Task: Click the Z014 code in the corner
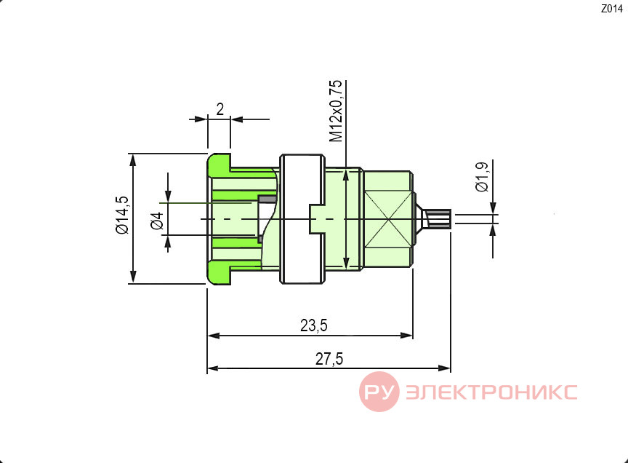(x=611, y=9)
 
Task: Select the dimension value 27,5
(x=329, y=359)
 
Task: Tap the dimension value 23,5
(x=314, y=325)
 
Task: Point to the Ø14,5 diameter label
(x=122, y=215)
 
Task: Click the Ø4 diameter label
(x=158, y=221)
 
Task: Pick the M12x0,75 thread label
(x=336, y=111)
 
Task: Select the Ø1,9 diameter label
(x=482, y=176)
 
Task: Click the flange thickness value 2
(x=220, y=109)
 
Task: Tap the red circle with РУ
(x=379, y=392)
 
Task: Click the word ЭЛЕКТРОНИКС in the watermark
(x=491, y=392)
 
